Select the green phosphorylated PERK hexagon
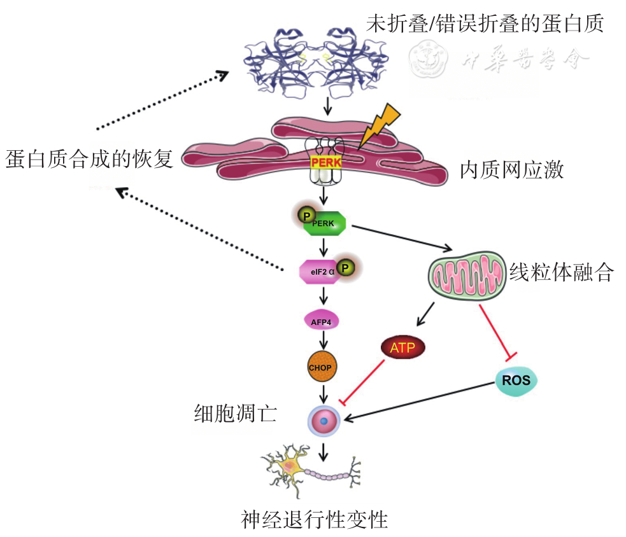(325, 223)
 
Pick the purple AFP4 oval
(321, 323)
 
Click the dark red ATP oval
(402, 348)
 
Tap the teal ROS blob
(516, 380)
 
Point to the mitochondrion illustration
(466, 276)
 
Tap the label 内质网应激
(511, 171)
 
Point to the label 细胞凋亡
(235, 414)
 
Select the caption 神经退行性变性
(315, 520)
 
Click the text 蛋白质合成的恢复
(89, 158)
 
